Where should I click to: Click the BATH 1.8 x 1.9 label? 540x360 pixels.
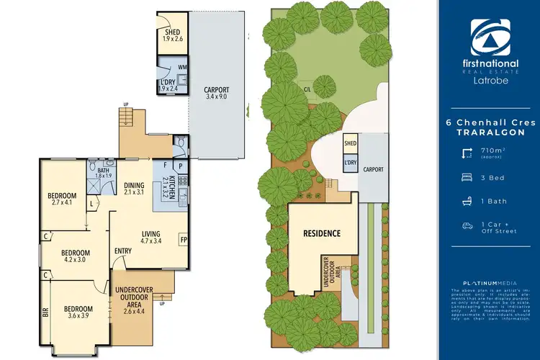[104, 172]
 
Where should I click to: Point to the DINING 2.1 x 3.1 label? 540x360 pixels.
[135, 188]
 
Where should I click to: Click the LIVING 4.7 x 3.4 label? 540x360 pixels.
[150, 237]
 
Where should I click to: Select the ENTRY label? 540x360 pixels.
[123, 251]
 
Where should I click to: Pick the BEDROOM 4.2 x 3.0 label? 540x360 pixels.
[75, 256]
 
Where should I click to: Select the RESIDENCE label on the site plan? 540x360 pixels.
[321, 234]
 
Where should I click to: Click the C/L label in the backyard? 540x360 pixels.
[307, 89]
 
